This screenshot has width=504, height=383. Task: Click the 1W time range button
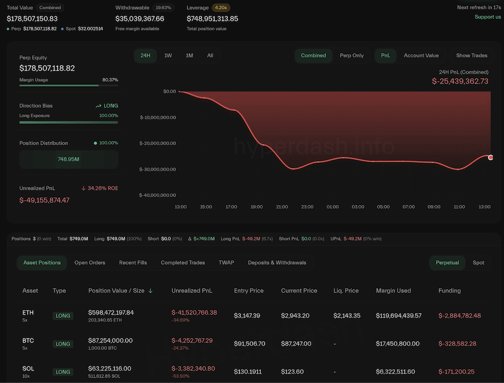pyautogui.click(x=168, y=55)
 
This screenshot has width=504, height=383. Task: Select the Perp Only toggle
pyautogui.click(x=352, y=55)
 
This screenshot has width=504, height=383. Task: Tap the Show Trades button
pyautogui.click(x=471, y=55)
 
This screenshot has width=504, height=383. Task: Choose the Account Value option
pyautogui.click(x=421, y=55)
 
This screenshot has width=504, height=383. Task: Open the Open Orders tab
pyautogui.click(x=90, y=262)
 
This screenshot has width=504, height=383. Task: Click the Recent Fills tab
pyautogui.click(x=133, y=262)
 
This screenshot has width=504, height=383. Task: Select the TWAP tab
pyautogui.click(x=226, y=262)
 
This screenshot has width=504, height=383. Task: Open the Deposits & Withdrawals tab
pyautogui.click(x=277, y=262)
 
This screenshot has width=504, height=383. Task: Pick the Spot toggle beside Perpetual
pyautogui.click(x=478, y=262)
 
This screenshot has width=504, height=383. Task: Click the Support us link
pyautogui.click(x=488, y=17)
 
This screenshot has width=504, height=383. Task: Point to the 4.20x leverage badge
pyautogui.click(x=221, y=8)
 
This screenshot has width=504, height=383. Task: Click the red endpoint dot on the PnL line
pyautogui.click(x=490, y=157)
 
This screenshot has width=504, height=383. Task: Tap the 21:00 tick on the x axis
pyautogui.click(x=282, y=207)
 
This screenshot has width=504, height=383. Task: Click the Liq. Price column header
pyautogui.click(x=346, y=290)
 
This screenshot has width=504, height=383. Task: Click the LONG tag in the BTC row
pyautogui.click(x=63, y=344)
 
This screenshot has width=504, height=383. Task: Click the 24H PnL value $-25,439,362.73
pyautogui.click(x=460, y=81)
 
